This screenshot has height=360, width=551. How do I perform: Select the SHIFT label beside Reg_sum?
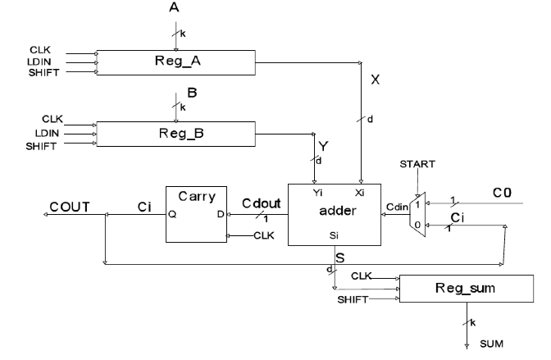click(353, 299)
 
